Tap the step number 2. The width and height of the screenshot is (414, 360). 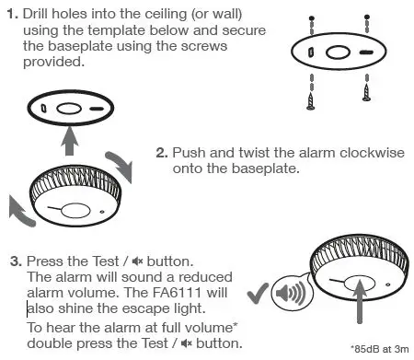point(162,153)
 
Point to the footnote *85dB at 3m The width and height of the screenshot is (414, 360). point(381,350)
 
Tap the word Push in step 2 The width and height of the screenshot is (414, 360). point(191,153)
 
